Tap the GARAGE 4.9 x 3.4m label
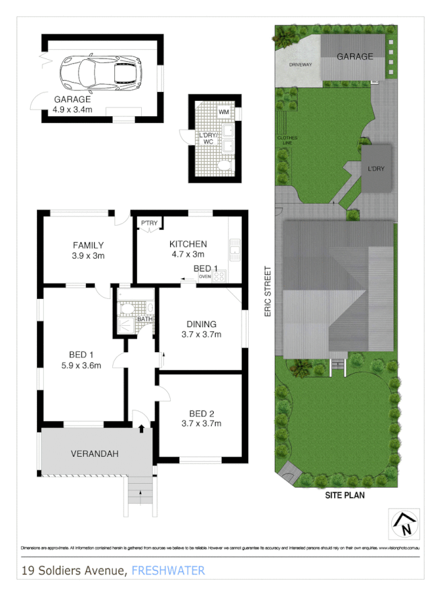pos(73,104)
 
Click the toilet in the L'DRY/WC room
pos(224,165)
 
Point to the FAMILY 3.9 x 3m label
pos(88,249)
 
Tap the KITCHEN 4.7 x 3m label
pos(188,249)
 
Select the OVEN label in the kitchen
pos(204,276)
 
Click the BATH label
pos(145,318)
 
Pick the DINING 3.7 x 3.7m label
pos(201,329)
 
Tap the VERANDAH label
pos(94,454)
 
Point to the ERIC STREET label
pos(268,292)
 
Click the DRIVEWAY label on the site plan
pos(300,65)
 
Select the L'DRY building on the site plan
pos(376,168)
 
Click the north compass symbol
pos(404,525)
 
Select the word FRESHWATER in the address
pos(168,571)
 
